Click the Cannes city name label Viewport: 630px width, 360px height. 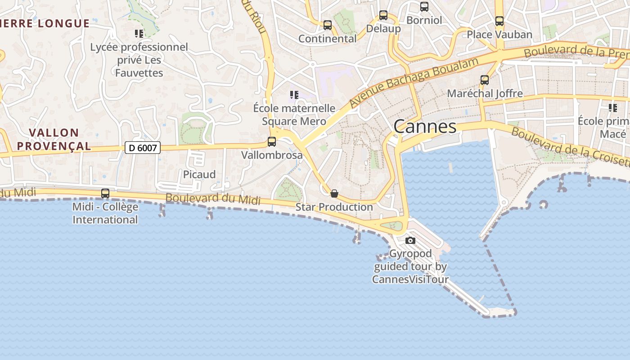tap(425, 126)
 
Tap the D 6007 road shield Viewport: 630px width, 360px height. tap(142, 147)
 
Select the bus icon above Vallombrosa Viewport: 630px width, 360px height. tap(272, 142)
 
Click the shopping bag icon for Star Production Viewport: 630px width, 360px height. tap(334, 193)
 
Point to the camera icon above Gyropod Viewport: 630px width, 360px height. tap(410, 240)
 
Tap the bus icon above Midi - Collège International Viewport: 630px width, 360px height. tap(105, 193)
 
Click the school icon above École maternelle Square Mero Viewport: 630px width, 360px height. tap(294, 94)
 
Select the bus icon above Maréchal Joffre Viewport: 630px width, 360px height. tap(485, 80)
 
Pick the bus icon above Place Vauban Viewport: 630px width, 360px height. tap(499, 21)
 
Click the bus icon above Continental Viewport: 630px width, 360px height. tap(328, 25)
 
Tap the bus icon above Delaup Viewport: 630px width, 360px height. tap(383, 15)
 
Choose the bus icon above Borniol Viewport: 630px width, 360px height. tap(424, 7)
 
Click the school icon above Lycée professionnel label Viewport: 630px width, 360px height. tap(139, 33)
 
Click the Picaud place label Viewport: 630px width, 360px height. tap(199, 174)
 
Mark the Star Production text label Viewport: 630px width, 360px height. tap(334, 207)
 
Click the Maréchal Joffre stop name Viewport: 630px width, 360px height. tap(485, 94)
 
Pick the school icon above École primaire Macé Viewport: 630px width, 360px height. tap(612, 108)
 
